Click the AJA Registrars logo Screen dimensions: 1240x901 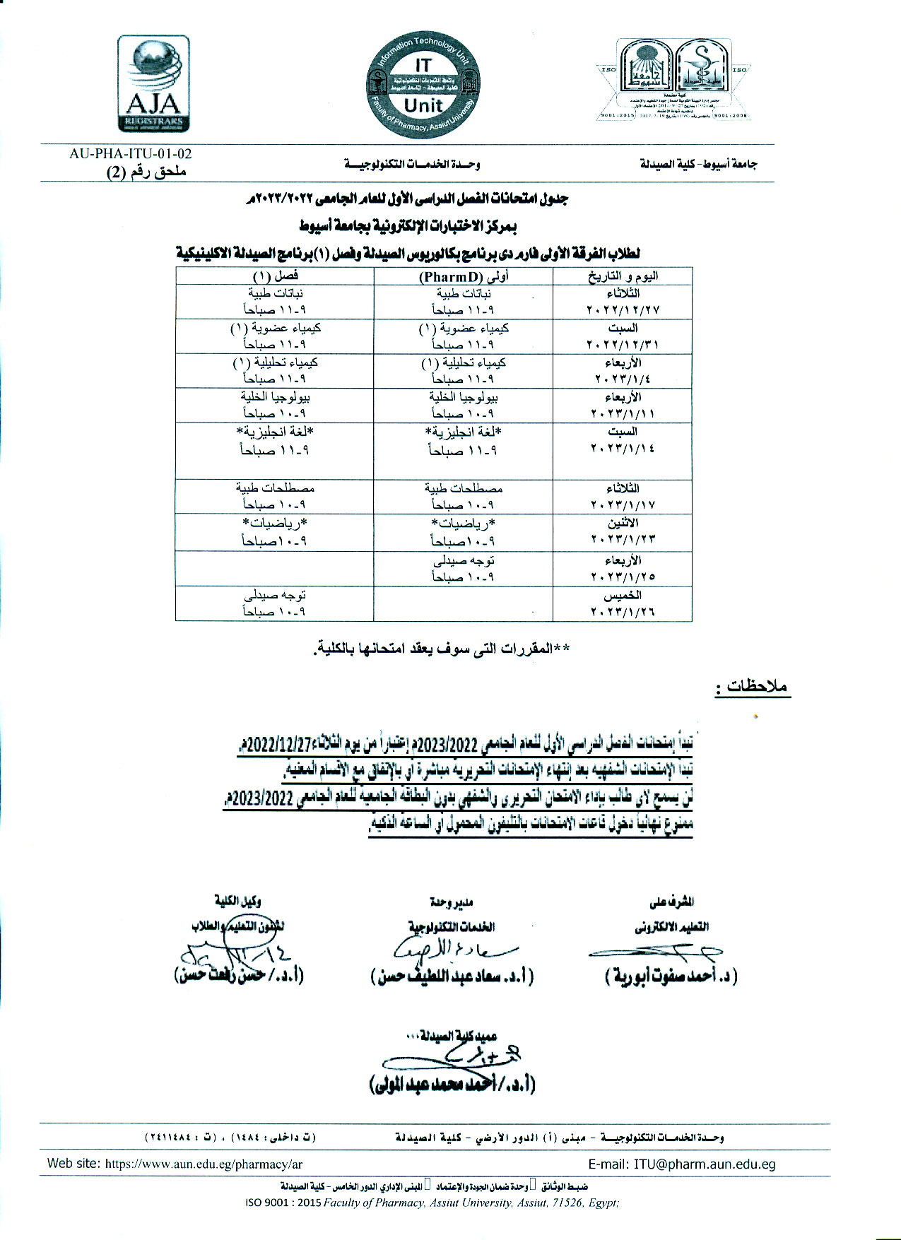pos(153,84)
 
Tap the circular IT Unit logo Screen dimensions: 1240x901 pos(423,84)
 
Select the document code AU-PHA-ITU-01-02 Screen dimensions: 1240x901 pos(131,153)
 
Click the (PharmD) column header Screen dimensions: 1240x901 pos(463,276)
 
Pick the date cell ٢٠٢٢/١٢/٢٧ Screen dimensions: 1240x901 pos(623,309)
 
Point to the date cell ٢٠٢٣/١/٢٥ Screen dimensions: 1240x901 pos(623,577)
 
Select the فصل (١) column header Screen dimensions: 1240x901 pos(275,276)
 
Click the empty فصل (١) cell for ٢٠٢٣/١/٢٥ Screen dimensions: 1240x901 pos(275,569)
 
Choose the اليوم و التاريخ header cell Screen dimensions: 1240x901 pos(623,276)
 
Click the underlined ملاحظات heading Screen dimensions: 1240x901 pos(753,686)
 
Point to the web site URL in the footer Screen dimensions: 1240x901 pos(204,1164)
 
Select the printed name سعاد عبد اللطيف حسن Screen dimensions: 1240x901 pos(452,976)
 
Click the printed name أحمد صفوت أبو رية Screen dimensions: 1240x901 pos(671,976)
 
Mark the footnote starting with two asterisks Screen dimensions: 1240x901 pos(442,649)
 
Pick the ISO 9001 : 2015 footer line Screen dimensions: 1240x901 pos(432,1203)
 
